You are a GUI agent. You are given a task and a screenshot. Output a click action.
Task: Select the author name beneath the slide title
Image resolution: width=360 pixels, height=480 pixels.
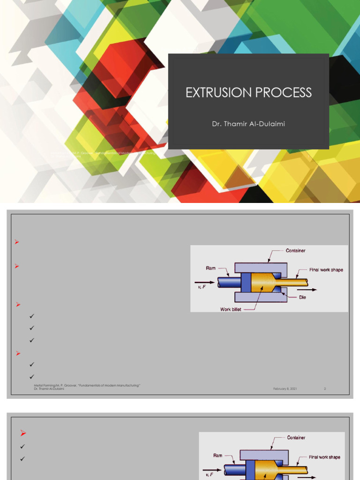click(248, 124)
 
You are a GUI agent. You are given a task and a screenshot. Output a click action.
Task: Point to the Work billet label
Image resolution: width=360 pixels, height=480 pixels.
click(231, 309)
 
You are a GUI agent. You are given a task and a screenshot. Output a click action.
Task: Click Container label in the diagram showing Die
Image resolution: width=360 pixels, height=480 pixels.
click(295, 251)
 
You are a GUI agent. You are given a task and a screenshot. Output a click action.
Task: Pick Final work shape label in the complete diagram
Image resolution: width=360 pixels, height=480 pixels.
click(326, 270)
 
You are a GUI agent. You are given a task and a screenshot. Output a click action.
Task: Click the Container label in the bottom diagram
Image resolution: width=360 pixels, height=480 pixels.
click(296, 437)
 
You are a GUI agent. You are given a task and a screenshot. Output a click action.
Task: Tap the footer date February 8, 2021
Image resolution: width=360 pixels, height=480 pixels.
click(285, 389)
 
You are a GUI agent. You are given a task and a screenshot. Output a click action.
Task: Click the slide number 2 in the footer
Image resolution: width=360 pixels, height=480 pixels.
click(324, 389)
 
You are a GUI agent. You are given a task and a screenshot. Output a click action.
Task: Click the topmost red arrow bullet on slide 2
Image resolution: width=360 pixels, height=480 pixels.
click(17, 242)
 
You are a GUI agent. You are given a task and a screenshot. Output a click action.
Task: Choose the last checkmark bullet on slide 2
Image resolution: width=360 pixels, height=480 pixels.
click(32, 376)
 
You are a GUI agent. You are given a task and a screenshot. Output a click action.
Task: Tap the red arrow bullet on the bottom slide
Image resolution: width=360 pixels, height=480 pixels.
click(23, 433)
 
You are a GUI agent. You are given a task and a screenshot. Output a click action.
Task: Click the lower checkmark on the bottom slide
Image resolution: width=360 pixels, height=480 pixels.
click(23, 459)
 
